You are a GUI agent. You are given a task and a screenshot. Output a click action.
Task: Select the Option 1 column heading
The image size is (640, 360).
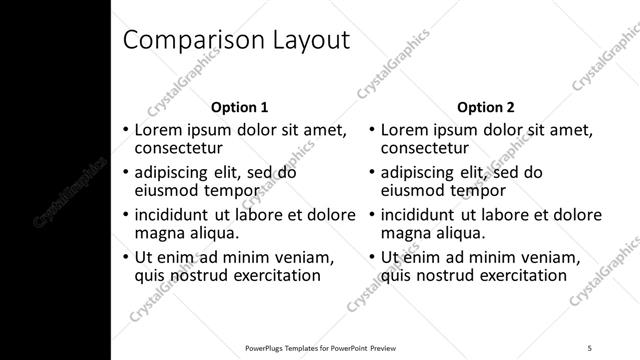(240, 107)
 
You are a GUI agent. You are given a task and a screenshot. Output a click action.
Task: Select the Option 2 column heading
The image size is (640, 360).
(486, 107)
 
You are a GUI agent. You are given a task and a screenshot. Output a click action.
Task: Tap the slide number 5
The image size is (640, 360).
(589, 347)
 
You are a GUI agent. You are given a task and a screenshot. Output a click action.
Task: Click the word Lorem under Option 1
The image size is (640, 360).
(158, 130)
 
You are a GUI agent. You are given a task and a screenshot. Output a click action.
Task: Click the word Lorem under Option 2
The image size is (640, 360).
(405, 130)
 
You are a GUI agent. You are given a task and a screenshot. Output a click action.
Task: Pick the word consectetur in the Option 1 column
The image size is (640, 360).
(178, 149)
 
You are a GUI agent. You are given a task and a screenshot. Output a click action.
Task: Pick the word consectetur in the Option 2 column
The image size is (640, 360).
(425, 149)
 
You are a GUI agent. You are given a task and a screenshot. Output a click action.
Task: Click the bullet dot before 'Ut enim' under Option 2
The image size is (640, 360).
(373, 258)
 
